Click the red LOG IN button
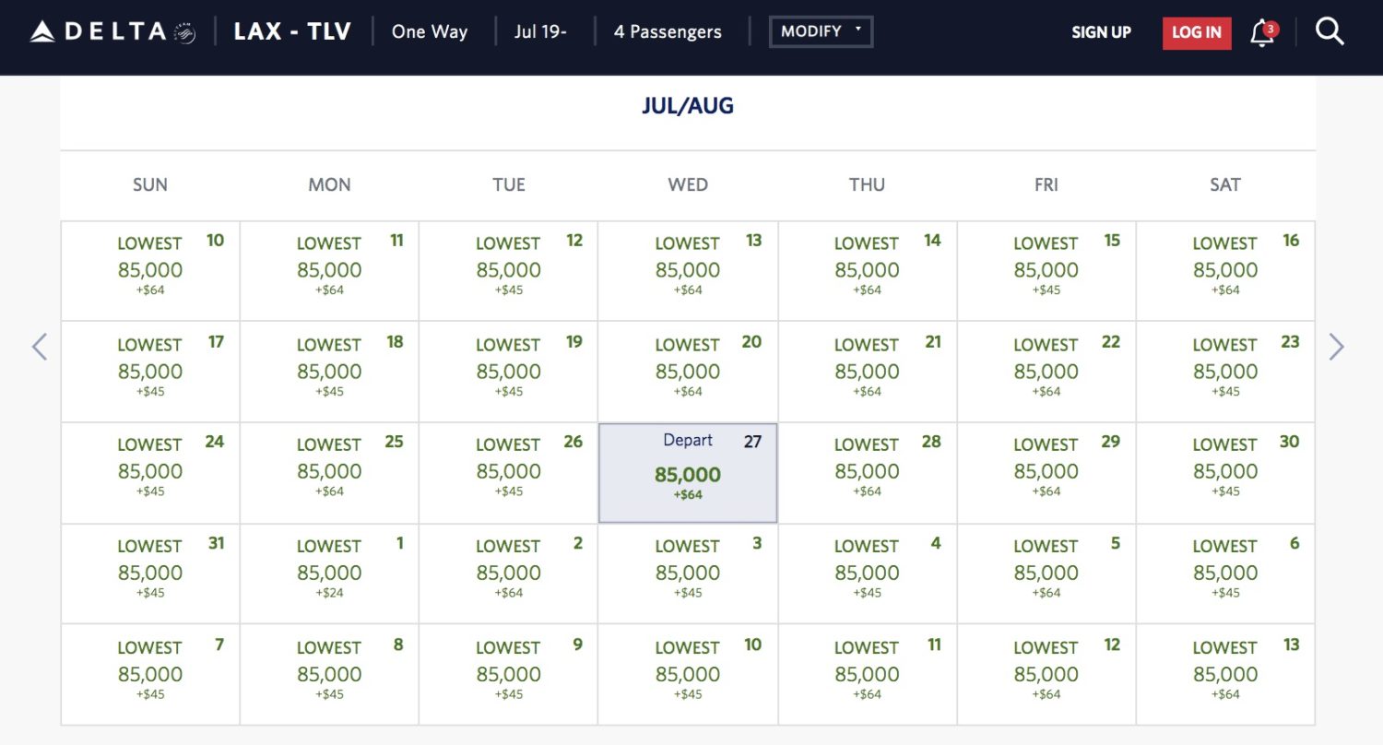coord(1197,33)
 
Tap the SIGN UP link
coord(1101,32)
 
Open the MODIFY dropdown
coord(821,31)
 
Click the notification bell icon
coord(1261,34)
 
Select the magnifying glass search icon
coord(1330,32)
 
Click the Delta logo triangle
coord(43,32)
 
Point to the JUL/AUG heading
coord(688,106)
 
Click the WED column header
coord(688,184)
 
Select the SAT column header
coord(1224,184)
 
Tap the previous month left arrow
coord(40,347)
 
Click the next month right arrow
coord(1337,347)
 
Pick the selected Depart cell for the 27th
coord(688,473)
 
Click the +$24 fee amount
coord(329,593)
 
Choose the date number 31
coord(216,543)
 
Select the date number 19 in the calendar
coord(573,342)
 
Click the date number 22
coord(1111,342)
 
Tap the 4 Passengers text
coord(668,32)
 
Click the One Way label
coord(430,32)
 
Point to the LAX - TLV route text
coord(292,32)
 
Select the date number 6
coord(1294,543)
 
